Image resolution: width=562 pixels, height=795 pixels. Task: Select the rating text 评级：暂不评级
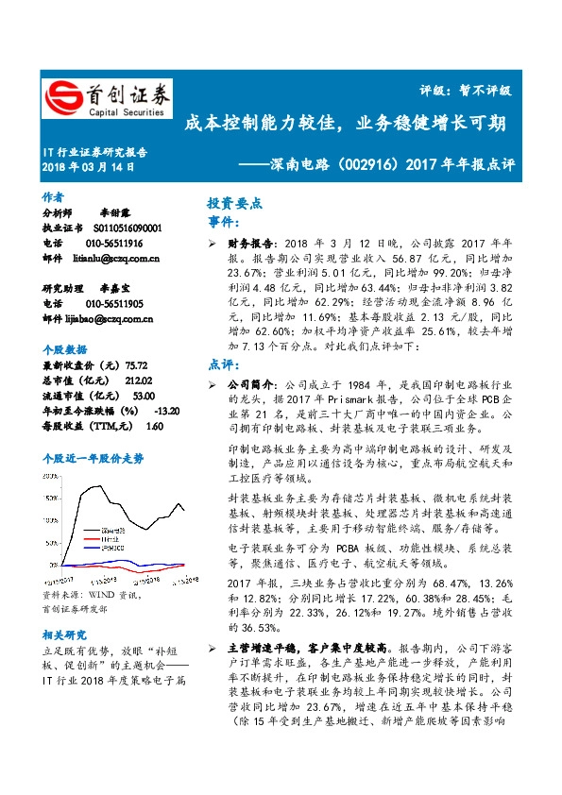(465, 91)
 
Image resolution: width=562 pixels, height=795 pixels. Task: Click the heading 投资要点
(234, 204)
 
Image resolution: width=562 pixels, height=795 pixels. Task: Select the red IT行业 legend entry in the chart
(111, 539)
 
